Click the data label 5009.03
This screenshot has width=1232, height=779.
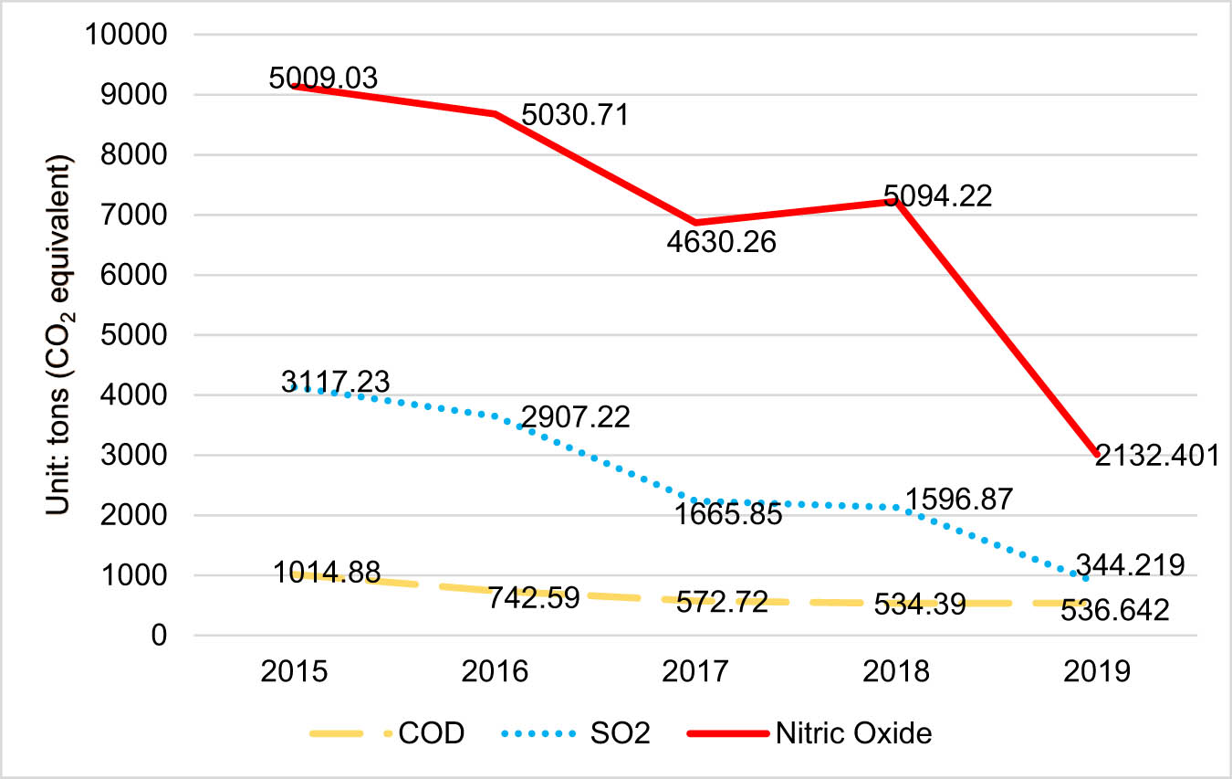point(323,78)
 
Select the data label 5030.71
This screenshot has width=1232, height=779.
point(575,116)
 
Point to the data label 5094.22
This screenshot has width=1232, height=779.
point(937,195)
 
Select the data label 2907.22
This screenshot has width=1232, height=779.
point(575,419)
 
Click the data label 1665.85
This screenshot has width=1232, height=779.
point(728,514)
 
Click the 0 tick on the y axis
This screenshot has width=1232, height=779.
point(158,636)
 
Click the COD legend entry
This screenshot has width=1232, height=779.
point(388,733)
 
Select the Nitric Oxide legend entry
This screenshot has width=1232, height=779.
point(816,733)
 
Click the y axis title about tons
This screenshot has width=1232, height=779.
point(62,335)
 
